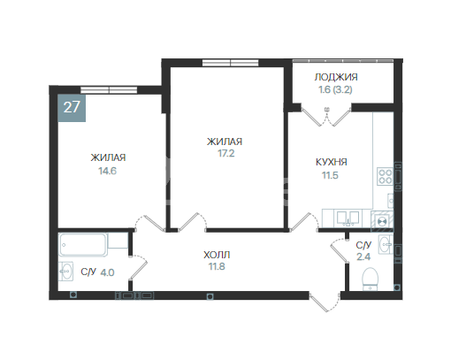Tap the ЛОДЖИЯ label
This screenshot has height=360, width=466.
[x=337, y=77]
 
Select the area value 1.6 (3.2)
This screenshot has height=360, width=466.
[x=337, y=89]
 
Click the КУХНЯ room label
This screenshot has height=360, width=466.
[x=331, y=163]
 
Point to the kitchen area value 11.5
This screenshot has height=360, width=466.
[x=329, y=176]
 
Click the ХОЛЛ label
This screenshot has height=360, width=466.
[x=217, y=254]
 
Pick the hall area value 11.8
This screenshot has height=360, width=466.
[x=217, y=266]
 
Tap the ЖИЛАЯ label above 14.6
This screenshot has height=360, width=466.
[x=108, y=158]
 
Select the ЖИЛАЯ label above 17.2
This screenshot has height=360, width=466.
[x=225, y=142]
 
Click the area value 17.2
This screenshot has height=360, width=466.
[x=225, y=154]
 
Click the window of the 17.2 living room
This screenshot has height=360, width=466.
[x=229, y=62]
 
